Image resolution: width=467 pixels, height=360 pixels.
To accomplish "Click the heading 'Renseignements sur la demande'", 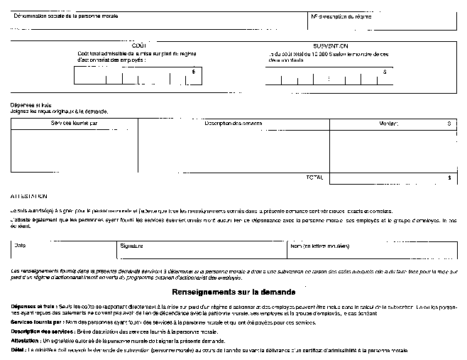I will [x=233, y=292].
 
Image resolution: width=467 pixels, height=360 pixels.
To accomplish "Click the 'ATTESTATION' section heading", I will [x=28, y=195].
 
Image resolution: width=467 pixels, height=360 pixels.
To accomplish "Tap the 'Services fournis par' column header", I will [x=75, y=124].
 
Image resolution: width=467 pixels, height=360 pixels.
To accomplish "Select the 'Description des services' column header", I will [x=233, y=124].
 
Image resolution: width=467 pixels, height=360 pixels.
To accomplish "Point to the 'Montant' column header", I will [x=388, y=124].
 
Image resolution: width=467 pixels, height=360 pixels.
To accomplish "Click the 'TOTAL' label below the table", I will [x=314, y=177].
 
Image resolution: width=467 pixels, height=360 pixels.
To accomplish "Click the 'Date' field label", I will [x=20, y=246].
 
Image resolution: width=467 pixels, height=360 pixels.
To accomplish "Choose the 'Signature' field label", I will [x=131, y=246].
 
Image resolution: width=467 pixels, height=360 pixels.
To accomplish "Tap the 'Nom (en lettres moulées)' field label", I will [x=319, y=246].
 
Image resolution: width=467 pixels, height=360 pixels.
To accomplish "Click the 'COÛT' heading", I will [x=139, y=45].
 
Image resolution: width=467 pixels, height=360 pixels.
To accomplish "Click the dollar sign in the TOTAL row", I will [x=449, y=178].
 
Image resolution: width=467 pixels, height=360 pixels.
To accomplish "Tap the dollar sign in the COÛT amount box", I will [x=194, y=71].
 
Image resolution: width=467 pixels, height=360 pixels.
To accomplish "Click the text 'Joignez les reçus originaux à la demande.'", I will [x=59, y=111].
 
